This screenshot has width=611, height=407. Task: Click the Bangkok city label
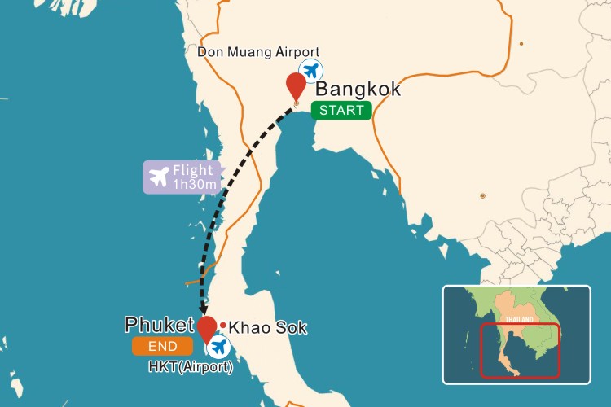358,90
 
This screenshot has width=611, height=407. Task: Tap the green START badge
342,111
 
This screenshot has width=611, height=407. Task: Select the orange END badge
163,347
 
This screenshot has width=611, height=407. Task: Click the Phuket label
160,325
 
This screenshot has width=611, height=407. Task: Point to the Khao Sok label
267,328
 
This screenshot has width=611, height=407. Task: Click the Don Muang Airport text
258,52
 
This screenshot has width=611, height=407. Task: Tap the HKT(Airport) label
191,368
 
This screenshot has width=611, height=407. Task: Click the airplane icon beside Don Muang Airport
310,69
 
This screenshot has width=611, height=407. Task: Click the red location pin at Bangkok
296,85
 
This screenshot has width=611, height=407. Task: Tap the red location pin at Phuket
208,328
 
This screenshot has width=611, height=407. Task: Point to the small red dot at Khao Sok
222,325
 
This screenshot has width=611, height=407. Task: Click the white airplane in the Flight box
159,176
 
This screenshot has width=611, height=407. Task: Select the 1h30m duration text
194,185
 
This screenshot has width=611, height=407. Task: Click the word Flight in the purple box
193,170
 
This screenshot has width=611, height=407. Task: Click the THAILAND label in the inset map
519,319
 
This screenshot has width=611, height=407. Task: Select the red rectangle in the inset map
520,351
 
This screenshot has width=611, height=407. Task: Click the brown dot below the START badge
483,195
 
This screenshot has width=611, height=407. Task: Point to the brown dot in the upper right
521,43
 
